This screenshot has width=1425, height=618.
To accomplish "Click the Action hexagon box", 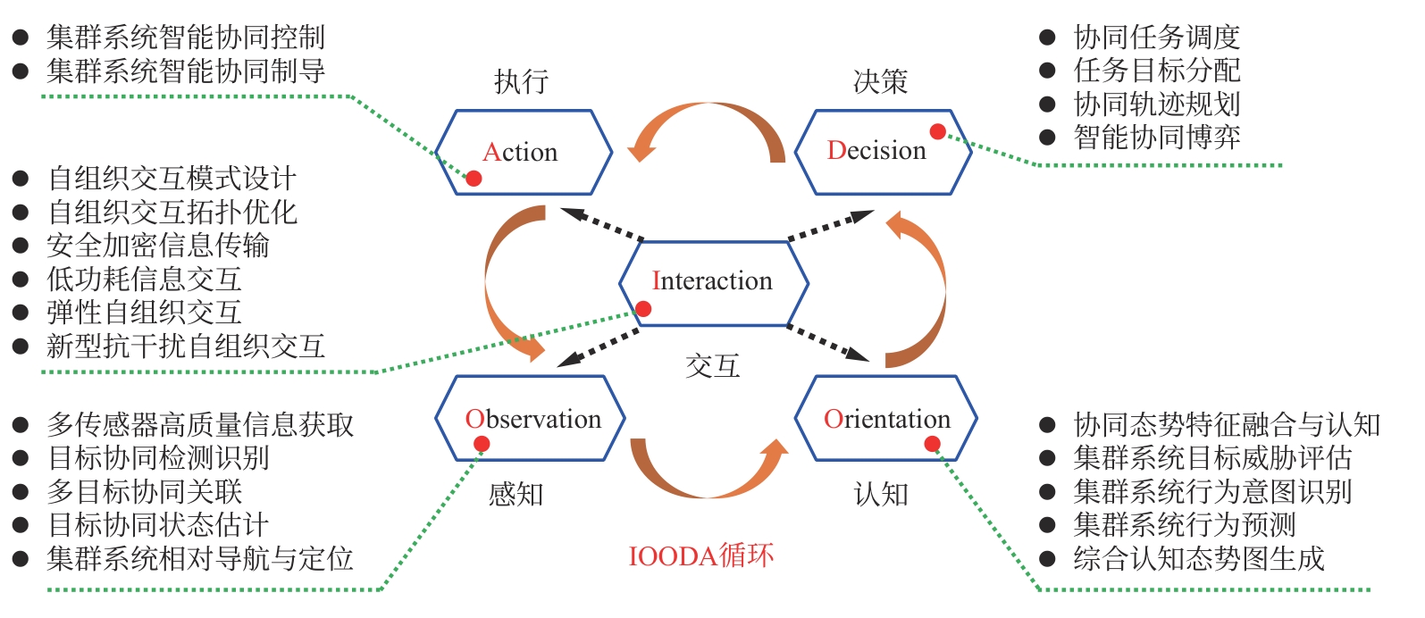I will [524, 153].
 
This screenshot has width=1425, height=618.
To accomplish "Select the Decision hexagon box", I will [883, 152].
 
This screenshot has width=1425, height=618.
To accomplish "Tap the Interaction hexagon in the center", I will [714, 282].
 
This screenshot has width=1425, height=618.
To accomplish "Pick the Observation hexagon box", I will [531, 418].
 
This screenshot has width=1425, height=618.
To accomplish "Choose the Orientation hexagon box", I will [886, 418].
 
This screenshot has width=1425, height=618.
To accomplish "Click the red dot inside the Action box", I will [474, 179].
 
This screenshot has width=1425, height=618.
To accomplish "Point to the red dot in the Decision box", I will [937, 132].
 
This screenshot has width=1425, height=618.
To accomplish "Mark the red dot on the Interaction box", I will [643, 309].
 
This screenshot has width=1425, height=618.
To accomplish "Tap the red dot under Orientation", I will [932, 444].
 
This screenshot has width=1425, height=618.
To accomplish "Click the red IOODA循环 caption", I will [701, 555].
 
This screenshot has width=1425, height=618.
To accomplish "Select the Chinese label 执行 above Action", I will [521, 82].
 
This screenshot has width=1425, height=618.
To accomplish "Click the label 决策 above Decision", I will [880, 82].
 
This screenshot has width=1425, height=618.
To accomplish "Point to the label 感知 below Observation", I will [516, 494].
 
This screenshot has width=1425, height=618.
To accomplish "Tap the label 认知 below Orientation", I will [881, 494].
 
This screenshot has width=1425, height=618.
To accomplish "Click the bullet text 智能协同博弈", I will [1157, 138].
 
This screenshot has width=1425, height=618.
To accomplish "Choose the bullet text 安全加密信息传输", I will [158, 246].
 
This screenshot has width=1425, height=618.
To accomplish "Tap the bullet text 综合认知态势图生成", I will [1198, 559].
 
